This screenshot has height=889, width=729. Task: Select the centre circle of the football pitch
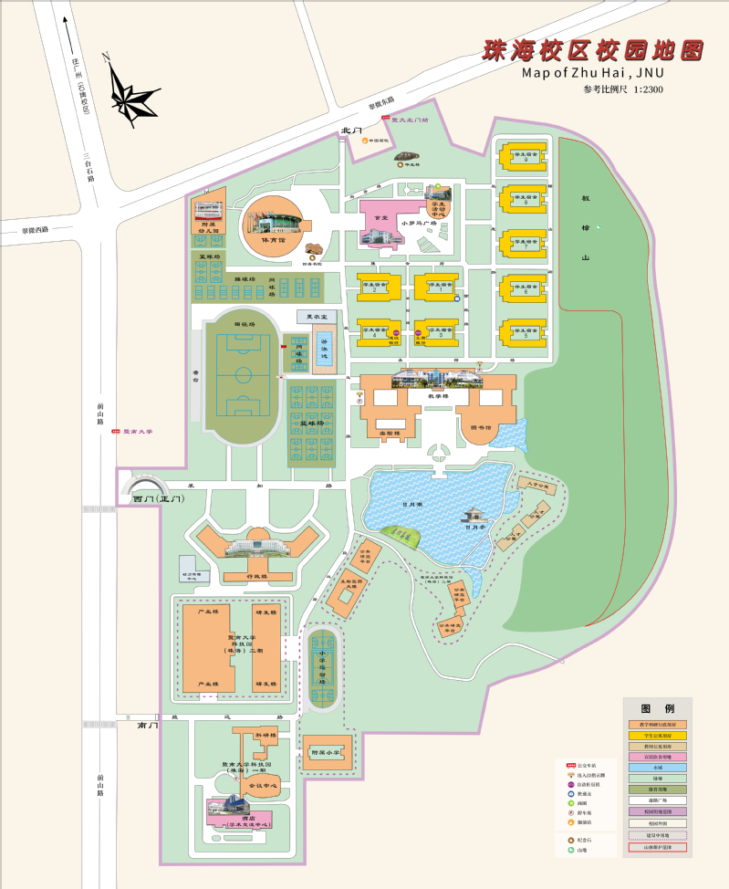coord(242,375)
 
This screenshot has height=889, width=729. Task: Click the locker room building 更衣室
coord(321,317)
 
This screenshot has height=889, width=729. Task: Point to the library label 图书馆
coord(481,426)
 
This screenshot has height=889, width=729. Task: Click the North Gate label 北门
coord(351,131)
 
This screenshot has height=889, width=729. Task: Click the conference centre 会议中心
coord(263,784)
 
